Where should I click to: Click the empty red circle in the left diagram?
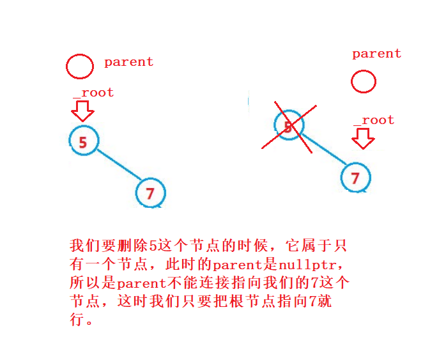coord(79,66)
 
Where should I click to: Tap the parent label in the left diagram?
coord(128,62)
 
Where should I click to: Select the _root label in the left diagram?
coord(93,92)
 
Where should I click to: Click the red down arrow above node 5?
coord(82,111)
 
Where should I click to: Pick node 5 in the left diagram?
coord(83,141)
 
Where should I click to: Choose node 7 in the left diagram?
coord(150,192)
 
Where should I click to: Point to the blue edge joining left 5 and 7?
coord(117,168)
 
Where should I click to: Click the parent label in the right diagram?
coord(376,54)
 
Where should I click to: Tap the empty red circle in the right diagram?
coord(364,81)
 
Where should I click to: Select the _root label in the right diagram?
coord(374,120)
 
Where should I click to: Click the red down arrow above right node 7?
coord(364,138)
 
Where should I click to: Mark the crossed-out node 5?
coord(288,127)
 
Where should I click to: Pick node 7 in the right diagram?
coord(355,177)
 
